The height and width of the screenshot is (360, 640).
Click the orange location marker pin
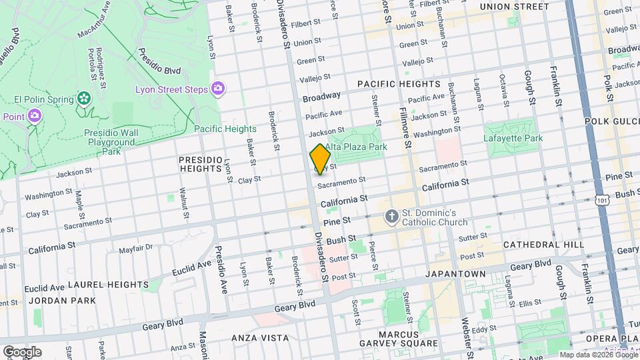pyautogui.click(x=321, y=159)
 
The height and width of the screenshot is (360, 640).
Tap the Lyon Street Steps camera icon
pyautogui.click(x=218, y=89)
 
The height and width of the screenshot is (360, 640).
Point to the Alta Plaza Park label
pyautogui.click(x=356, y=147)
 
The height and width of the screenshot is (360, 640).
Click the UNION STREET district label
pyautogui.click(x=515, y=7)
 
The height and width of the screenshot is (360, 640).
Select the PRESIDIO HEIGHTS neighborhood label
pyautogui.click(x=200, y=165)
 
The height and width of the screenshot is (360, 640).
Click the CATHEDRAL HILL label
pyautogui.click(x=543, y=245)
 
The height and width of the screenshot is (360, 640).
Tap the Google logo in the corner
pyautogui.click(x=21, y=352)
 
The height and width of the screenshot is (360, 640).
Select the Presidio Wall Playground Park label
pyautogui.click(x=111, y=142)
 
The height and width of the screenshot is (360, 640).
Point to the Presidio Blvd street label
pyautogui.click(x=159, y=61)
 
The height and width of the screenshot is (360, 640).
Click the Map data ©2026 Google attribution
pyautogui.click(x=597, y=355)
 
